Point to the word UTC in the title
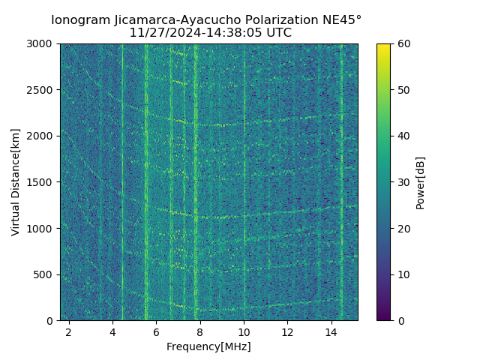pos(277,33)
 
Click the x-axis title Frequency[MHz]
pos(208,346)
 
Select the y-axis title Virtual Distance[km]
pos(16,181)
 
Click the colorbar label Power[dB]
pos(421,182)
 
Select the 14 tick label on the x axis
pos(331,331)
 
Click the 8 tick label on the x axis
pos(200,331)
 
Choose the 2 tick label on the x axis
pos(69,331)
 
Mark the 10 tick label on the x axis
pos(244,331)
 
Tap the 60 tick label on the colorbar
pos(403,43)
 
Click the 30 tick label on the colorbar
pos(403,182)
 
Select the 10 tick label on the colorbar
pos(403,274)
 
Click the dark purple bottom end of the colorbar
pos(383,318)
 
